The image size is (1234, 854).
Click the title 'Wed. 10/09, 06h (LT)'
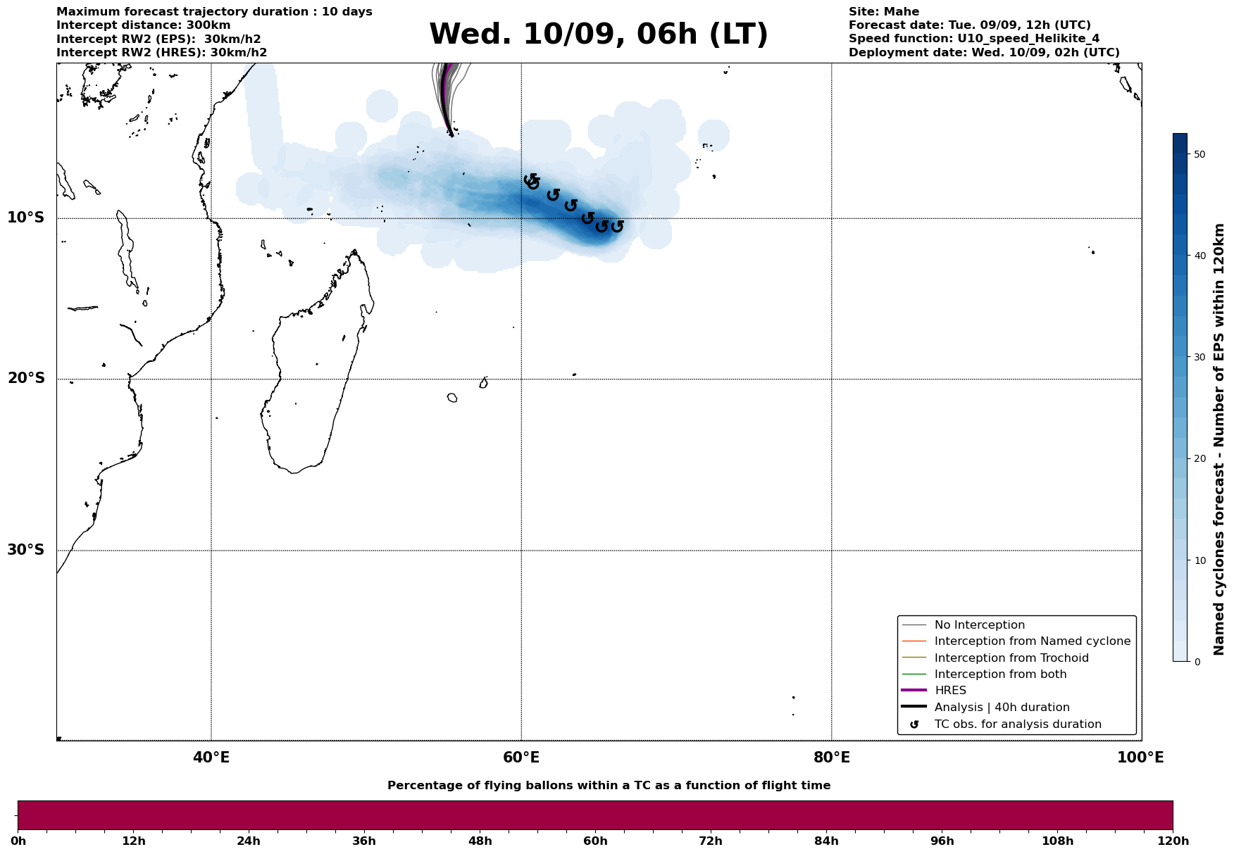pyautogui.click(x=598, y=35)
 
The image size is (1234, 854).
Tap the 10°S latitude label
pyautogui.click(x=26, y=218)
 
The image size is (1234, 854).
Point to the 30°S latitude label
pyautogui.click(x=26, y=550)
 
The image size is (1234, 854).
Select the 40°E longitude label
pyautogui.click(x=211, y=758)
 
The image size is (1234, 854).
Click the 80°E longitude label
pyautogui.click(x=831, y=758)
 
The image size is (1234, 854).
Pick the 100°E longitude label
pyautogui.click(x=1141, y=758)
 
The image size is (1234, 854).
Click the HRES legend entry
pyautogui.click(x=950, y=691)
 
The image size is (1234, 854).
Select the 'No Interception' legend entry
pyautogui.click(x=979, y=625)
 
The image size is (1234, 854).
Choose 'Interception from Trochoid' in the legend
pyautogui.click(x=1011, y=658)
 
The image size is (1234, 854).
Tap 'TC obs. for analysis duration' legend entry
pyautogui.click(x=1017, y=724)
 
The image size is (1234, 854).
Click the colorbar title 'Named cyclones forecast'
pyautogui.click(x=1219, y=439)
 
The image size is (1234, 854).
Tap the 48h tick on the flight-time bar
pyautogui.click(x=480, y=841)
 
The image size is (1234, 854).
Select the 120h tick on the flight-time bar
pyautogui.click(x=1173, y=841)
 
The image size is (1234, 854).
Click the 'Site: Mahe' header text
pyautogui.click(x=883, y=12)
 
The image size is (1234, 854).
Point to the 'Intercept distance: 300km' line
pyautogui.click(x=143, y=25)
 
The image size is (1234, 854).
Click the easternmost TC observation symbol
pyautogui.click(x=617, y=227)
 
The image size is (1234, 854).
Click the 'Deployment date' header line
pyautogui.click(x=983, y=53)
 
